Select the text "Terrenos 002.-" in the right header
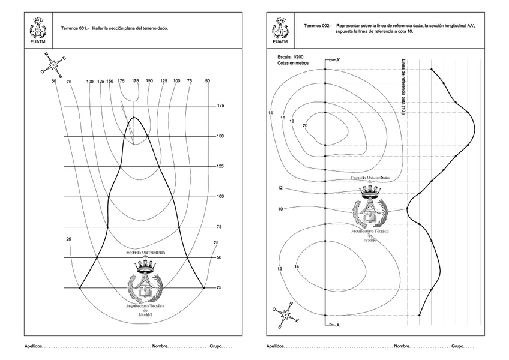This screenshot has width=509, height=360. (x=318, y=26)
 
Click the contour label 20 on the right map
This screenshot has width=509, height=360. (x=305, y=125)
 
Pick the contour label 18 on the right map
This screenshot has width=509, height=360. (x=292, y=121)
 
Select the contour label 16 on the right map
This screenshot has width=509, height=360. (x=282, y=118)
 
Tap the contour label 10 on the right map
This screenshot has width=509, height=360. (x=280, y=209)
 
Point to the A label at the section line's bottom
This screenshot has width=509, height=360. (x=337, y=325)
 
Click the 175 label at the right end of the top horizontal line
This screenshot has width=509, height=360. (x=220, y=106)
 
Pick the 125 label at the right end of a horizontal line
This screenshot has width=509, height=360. (x=220, y=166)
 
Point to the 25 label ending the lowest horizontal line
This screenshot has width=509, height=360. (x=219, y=288)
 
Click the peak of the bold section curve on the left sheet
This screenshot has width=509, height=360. (x=133, y=117)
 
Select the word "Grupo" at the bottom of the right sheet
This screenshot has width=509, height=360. (x=458, y=346)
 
